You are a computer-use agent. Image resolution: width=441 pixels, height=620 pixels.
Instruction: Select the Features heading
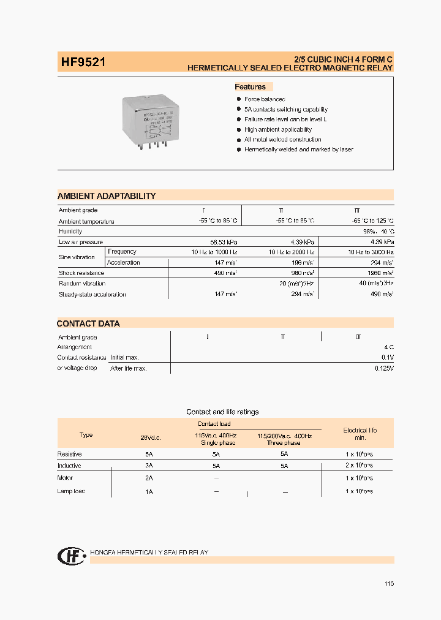[x=251, y=87]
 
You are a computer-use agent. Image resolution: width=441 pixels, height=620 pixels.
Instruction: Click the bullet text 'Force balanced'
[x=265, y=99]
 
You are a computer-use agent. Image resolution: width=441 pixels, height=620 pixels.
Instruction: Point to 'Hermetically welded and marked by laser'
[x=298, y=149]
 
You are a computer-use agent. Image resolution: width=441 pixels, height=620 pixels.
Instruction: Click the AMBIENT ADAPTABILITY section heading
[x=107, y=196]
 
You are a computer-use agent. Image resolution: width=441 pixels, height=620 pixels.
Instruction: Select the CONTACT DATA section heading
[x=88, y=323]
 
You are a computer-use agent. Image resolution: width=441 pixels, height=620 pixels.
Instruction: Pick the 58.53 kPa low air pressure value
[x=223, y=242]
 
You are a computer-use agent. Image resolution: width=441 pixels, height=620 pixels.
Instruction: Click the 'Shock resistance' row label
[x=81, y=273]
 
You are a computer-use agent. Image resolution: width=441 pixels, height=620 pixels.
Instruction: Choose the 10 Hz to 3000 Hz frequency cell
[x=371, y=252]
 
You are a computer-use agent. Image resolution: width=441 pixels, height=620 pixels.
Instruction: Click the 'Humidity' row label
[x=70, y=232]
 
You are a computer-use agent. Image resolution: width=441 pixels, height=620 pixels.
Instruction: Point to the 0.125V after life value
[x=384, y=369]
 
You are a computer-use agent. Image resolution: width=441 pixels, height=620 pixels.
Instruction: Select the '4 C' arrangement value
[x=388, y=347]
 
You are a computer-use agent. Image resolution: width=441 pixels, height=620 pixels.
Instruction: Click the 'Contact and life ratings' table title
[x=222, y=412]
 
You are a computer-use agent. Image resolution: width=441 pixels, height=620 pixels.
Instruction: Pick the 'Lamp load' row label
[x=71, y=491]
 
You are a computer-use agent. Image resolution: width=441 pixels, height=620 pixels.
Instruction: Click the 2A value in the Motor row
[x=149, y=478]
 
